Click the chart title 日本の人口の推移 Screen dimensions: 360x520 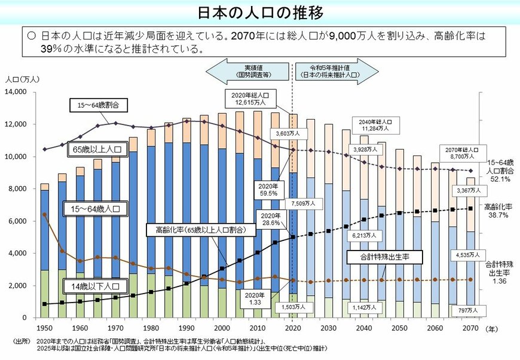(260, 12)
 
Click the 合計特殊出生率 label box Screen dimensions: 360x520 (384, 257)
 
